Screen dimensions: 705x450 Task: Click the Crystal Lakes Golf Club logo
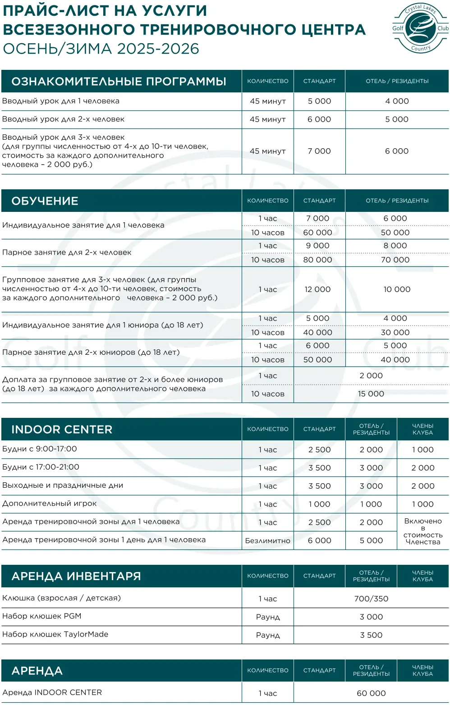pyautogui.click(x=420, y=28)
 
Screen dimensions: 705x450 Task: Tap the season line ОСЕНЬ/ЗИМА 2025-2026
pyautogui.click(x=101, y=49)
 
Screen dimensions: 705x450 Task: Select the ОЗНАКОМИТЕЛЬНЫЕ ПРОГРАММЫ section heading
pyautogui.click(x=119, y=82)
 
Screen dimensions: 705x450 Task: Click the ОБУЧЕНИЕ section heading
pyautogui.click(x=45, y=201)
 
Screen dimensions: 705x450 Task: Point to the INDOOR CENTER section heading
pyautogui.click(x=62, y=430)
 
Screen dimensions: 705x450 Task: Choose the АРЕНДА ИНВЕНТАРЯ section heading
pyautogui.click(x=76, y=576)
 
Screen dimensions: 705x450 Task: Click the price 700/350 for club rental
pyautogui.click(x=371, y=599)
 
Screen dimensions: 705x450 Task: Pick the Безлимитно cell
pyautogui.click(x=267, y=540)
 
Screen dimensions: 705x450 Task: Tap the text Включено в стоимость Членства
pyautogui.click(x=422, y=531)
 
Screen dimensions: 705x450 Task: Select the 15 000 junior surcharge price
pyautogui.click(x=371, y=394)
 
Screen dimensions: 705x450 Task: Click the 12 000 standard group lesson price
pyautogui.click(x=317, y=289)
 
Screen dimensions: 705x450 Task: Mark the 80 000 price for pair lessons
pyautogui.click(x=317, y=260)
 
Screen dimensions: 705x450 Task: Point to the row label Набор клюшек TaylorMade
pyautogui.click(x=55, y=634)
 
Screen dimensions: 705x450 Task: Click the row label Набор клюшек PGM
pyautogui.click(x=41, y=616)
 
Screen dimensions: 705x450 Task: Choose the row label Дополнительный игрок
pyautogui.click(x=49, y=504)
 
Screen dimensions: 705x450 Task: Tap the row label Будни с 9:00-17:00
pyautogui.click(x=39, y=449)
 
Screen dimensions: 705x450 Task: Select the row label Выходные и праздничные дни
pyautogui.click(x=62, y=485)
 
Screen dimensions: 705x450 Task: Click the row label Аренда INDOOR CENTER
pyautogui.click(x=52, y=692)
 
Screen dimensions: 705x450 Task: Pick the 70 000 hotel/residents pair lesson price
pyautogui.click(x=395, y=260)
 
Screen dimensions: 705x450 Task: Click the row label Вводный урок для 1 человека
pyautogui.click(x=60, y=101)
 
